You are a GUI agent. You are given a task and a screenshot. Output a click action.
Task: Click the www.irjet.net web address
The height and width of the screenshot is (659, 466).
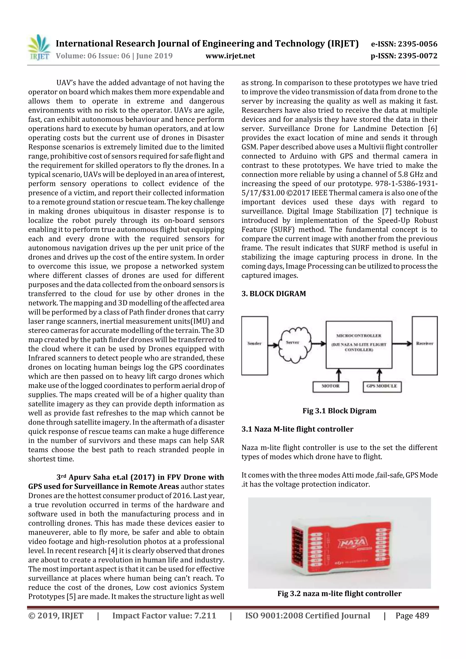(x=230, y=56)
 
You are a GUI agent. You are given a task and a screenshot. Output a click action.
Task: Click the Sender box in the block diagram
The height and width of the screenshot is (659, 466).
(x=254, y=346)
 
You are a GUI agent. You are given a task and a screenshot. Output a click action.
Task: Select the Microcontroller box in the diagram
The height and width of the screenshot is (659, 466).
(x=359, y=344)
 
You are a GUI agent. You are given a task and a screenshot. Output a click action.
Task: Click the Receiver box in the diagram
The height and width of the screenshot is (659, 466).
(x=424, y=346)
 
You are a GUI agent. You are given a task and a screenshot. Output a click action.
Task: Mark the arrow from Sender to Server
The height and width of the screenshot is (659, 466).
(x=274, y=344)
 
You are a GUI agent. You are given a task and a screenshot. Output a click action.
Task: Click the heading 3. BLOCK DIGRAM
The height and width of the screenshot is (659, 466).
(x=274, y=294)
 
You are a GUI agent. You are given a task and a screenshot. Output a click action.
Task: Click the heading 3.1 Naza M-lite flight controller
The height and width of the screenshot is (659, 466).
(x=297, y=429)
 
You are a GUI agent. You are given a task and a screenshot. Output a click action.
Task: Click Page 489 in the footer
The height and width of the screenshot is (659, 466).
(x=412, y=615)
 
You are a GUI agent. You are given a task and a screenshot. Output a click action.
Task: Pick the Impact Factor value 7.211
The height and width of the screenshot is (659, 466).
(x=164, y=615)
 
